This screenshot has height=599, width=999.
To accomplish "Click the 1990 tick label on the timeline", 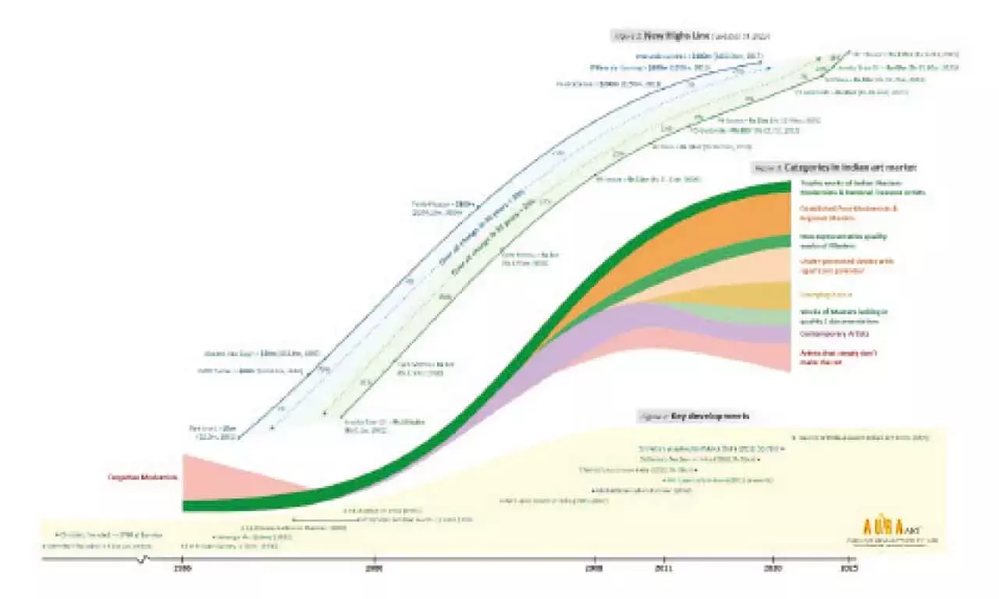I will [x=182, y=569].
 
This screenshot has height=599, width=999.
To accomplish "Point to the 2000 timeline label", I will [x=375, y=569].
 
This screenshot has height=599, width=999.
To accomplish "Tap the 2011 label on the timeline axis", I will [x=664, y=569].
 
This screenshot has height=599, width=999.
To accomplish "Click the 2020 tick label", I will [x=775, y=569].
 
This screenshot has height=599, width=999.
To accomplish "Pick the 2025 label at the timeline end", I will [x=849, y=569].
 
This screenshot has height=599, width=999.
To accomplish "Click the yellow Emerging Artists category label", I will [x=826, y=295].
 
